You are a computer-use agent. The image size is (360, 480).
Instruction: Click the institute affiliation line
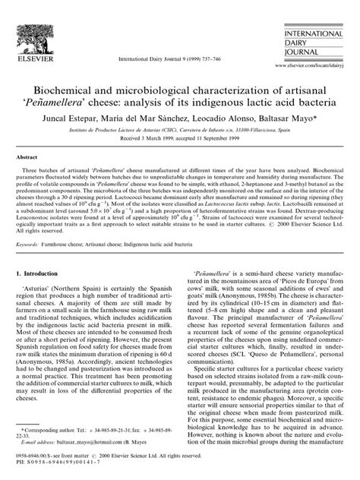pyautogui.click(x=180, y=134)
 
